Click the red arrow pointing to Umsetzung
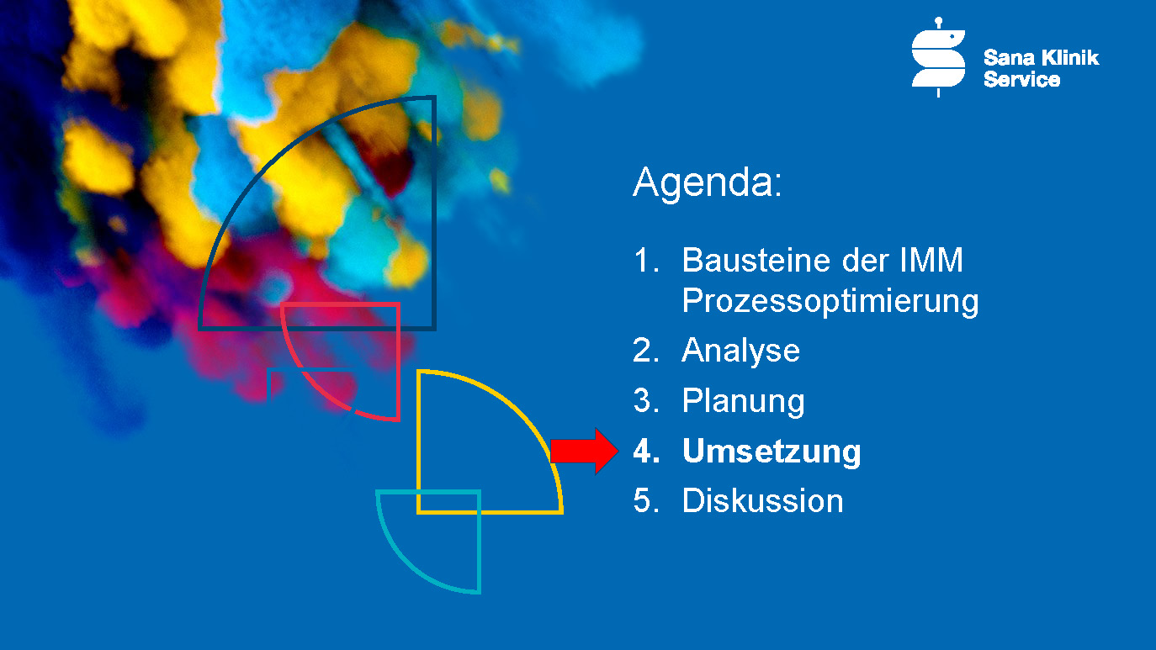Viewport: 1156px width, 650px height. tap(584, 451)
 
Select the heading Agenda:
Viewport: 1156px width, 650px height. tap(708, 183)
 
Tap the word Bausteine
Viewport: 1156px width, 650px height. tap(756, 260)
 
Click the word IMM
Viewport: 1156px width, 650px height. tap(931, 260)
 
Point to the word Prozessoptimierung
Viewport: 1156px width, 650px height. tap(830, 302)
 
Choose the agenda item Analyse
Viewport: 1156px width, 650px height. tap(741, 351)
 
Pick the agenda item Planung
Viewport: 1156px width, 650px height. tap(743, 401)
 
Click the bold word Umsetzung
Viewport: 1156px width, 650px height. tap(772, 452)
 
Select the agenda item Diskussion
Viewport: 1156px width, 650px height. tap(763, 501)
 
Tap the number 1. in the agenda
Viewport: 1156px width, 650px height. tap(646, 260)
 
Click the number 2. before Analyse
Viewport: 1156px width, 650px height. tap(646, 351)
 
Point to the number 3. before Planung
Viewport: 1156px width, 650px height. tap(646, 400)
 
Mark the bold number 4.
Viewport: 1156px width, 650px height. tap(647, 451)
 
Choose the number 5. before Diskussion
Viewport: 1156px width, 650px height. tap(646, 501)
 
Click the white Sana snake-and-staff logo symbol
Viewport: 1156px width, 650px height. tap(938, 57)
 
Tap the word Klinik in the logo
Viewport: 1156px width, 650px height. tap(1070, 58)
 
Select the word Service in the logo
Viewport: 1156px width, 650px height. tap(1022, 79)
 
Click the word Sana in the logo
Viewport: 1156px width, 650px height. tap(1009, 58)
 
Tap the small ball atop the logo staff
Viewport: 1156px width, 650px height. tap(939, 21)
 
